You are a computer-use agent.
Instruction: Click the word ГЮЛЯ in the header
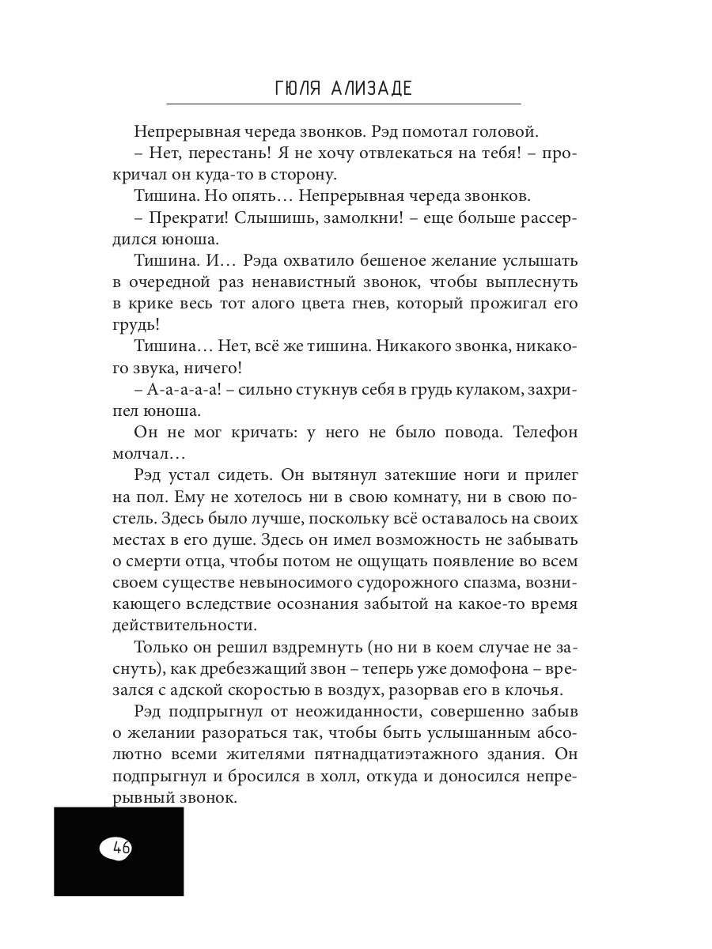[x=298, y=88]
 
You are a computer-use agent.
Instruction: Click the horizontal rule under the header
[x=343, y=104]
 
